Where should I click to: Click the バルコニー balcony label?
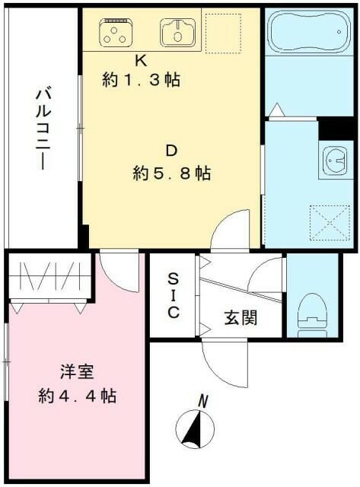(x=43, y=129)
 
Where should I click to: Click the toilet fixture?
(x=311, y=313)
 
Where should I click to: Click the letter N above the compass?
(x=203, y=399)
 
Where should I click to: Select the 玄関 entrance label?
(x=241, y=317)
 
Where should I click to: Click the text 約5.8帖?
(x=172, y=173)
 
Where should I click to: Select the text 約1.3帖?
(x=142, y=79)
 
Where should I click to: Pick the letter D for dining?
(x=173, y=150)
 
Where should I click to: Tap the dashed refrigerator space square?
(x=224, y=32)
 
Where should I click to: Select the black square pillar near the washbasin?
(x=332, y=129)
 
